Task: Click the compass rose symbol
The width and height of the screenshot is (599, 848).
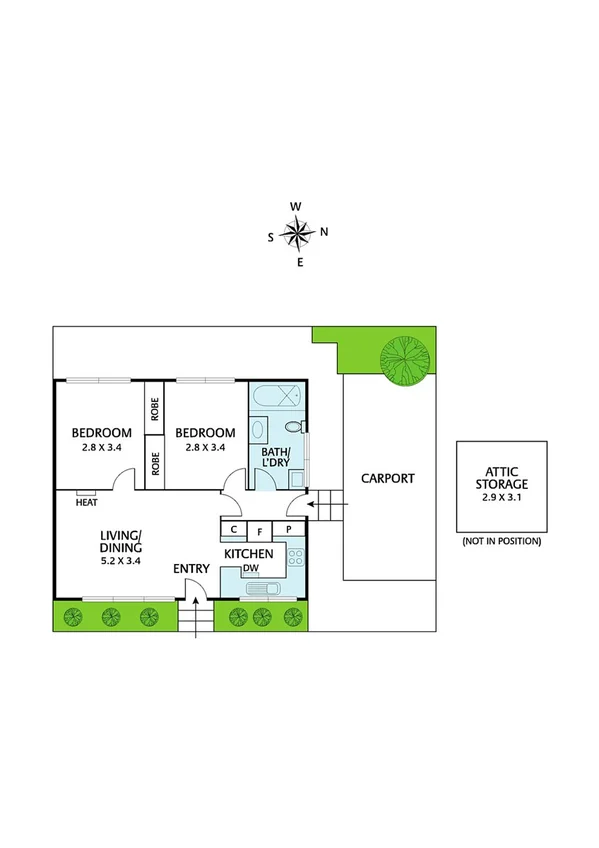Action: [297, 234]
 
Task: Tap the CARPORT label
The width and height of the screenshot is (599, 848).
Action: [387, 478]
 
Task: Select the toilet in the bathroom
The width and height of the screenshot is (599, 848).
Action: [293, 427]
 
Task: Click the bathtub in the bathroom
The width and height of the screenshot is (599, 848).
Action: [276, 396]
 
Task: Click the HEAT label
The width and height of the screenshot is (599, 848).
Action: [85, 503]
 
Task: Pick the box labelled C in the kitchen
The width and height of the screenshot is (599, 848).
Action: [233, 529]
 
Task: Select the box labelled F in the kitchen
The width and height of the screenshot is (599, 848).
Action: [260, 529]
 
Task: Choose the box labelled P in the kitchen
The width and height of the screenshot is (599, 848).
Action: [288, 529]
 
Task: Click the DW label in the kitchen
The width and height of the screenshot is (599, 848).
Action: [251, 570]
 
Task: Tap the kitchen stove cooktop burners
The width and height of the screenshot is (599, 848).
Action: [295, 556]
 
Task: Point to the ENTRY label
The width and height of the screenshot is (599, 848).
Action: [191, 569]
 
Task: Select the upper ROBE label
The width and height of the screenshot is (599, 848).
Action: [155, 409]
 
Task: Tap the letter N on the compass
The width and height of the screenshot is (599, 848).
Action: [324, 233]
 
